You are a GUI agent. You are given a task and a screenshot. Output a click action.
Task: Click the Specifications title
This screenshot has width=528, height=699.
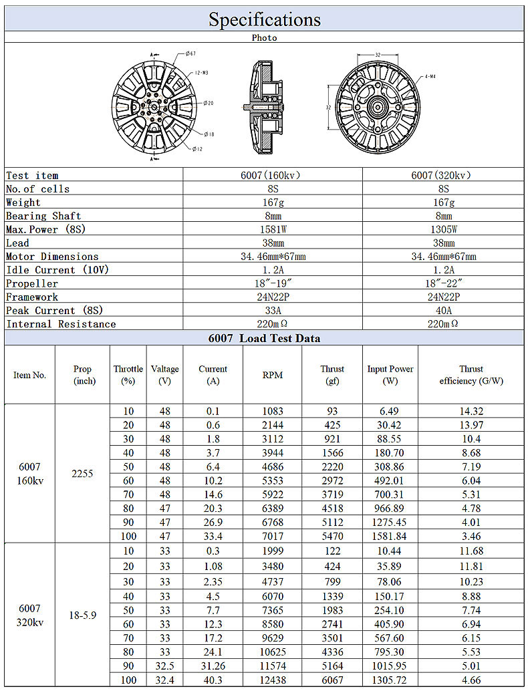tap(264, 19)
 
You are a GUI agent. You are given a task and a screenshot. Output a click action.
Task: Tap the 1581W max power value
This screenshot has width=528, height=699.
tap(272, 229)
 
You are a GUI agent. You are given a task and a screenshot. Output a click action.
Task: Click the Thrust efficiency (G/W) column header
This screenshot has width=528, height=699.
tap(471, 375)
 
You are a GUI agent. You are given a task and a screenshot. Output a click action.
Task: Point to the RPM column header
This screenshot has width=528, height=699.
tap(272, 375)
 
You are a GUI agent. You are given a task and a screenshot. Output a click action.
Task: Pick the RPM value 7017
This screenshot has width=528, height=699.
tap(272, 536)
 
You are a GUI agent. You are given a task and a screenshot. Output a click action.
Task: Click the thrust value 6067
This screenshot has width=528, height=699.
tap(332, 680)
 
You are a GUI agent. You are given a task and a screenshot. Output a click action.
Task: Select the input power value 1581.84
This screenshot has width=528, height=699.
tap(390, 536)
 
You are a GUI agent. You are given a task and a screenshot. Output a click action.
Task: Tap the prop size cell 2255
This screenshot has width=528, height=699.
tap(82, 473)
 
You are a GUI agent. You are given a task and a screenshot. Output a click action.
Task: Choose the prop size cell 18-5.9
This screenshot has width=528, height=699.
tap(82, 615)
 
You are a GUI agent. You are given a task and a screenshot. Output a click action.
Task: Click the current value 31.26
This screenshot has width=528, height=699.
tap(213, 666)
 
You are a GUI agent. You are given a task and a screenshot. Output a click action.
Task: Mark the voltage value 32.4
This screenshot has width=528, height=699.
tap(164, 680)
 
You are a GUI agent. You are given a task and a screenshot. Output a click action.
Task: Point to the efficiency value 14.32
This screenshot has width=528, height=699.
tap(471, 412)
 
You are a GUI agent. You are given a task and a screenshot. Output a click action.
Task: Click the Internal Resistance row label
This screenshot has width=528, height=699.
tap(61, 324)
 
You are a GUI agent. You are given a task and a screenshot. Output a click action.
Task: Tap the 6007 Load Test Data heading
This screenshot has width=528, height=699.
tap(264, 338)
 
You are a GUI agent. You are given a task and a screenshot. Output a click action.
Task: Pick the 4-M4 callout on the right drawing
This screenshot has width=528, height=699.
tap(431, 77)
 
